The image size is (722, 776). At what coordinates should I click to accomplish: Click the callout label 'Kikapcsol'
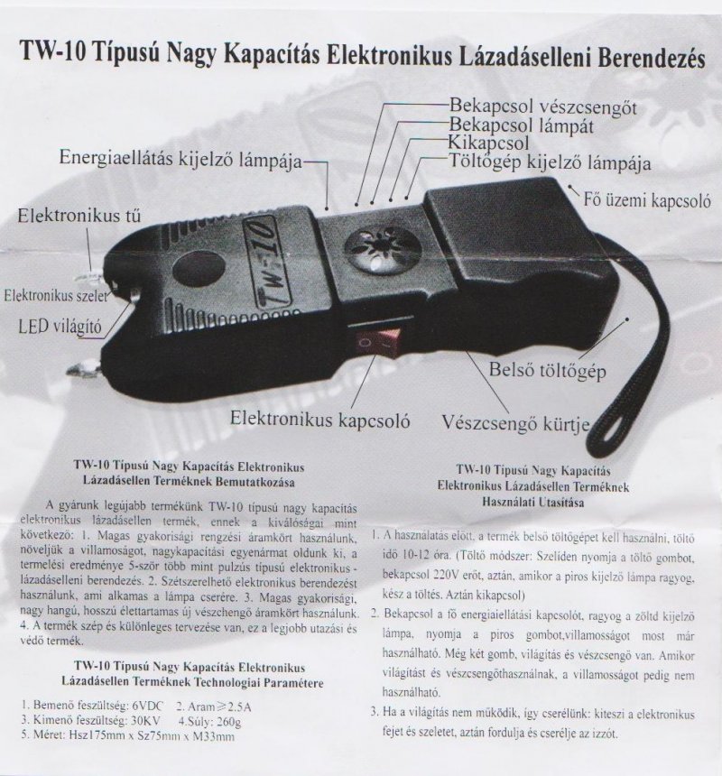(x=487, y=143)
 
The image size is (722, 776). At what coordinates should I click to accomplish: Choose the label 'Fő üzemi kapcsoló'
(x=648, y=198)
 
